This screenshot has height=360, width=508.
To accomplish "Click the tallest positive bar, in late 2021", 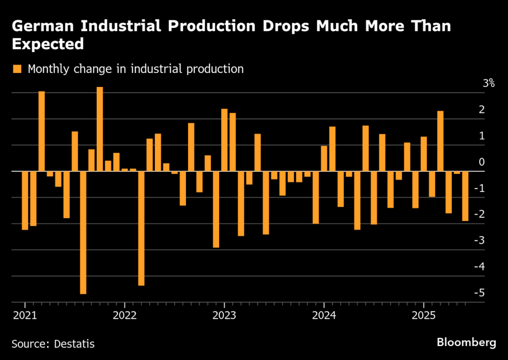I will point(100,129).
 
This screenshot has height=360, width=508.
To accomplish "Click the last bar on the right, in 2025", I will point(465,196).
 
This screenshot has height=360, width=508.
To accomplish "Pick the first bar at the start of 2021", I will point(25,201).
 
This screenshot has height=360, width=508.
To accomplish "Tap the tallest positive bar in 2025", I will point(440,141).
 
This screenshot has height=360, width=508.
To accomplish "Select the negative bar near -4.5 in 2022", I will point(141,228).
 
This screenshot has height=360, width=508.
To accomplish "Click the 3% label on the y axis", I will point(489,83).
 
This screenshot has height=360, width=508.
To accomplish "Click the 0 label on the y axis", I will point(492,162).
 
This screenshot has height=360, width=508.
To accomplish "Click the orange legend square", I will point(18,69).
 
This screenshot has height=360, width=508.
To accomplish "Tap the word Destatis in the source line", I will point(74,343).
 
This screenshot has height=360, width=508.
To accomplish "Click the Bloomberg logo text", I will point(466,342).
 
